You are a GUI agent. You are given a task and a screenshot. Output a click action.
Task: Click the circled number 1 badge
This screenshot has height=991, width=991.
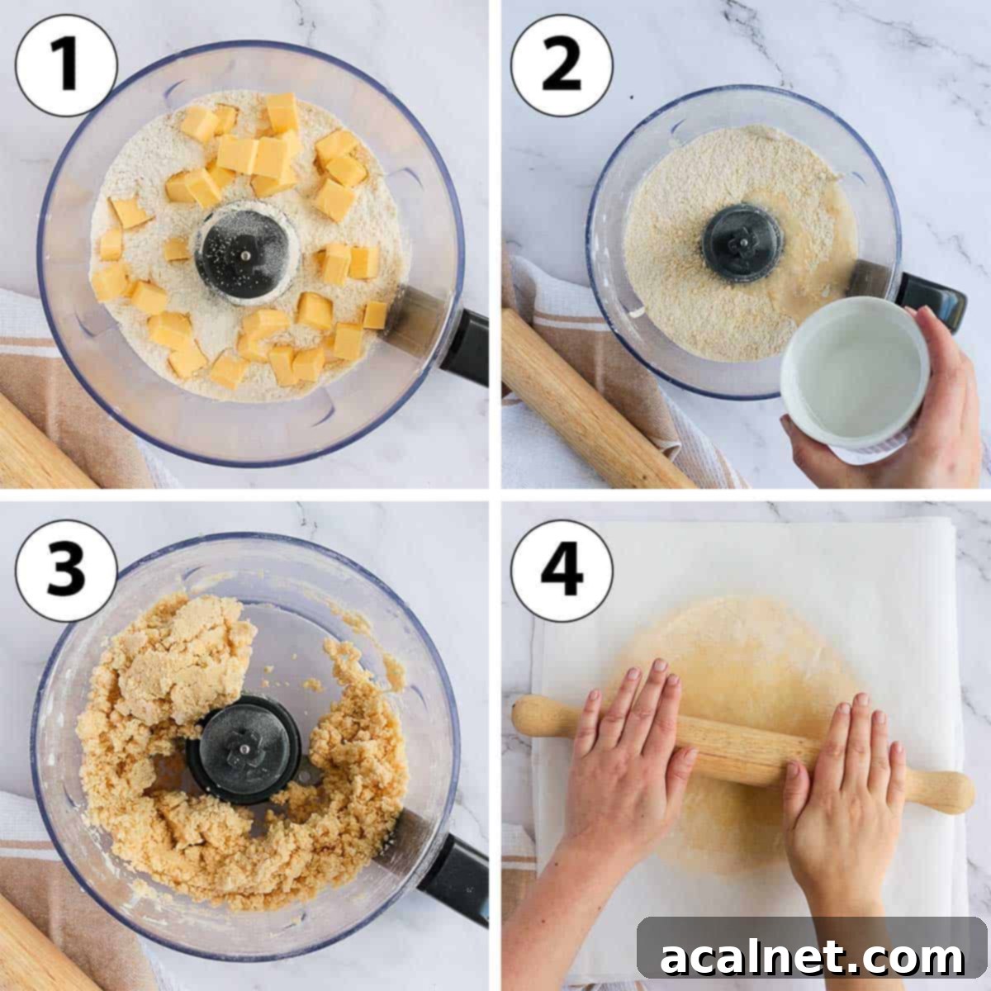tap(66, 66)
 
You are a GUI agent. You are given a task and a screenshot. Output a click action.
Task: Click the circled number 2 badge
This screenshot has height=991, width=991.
tap(562, 66)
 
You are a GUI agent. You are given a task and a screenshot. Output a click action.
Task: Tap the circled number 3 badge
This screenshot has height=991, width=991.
tap(66, 570)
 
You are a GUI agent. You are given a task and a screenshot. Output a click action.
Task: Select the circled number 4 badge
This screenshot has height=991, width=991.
tap(562, 570)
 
